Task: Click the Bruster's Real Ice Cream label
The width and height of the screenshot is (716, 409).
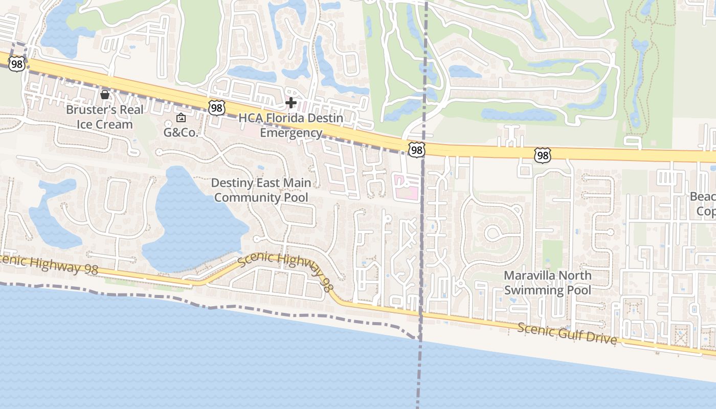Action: tap(105, 117)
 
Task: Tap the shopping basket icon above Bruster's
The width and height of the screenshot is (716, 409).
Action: tap(105, 94)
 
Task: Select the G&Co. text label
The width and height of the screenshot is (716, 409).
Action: tap(181, 132)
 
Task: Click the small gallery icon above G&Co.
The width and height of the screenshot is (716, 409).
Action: tap(181, 118)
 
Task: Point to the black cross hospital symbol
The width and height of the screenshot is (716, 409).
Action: tap(291, 103)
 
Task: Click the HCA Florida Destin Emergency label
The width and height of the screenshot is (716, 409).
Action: tap(291, 125)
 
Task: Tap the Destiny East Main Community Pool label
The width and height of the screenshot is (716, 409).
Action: tap(261, 190)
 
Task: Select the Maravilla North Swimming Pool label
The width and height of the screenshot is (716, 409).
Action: tap(547, 283)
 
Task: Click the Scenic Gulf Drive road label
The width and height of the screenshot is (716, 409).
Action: tap(567, 333)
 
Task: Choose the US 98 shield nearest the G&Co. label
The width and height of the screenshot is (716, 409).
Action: tap(216, 107)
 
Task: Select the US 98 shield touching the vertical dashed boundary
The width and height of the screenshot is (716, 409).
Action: tap(416, 149)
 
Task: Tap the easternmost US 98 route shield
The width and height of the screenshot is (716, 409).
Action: tap(542, 155)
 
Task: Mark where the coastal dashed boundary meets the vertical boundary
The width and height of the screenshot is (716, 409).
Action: tap(419, 338)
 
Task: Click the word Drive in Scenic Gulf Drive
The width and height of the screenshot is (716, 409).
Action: tap(601, 339)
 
